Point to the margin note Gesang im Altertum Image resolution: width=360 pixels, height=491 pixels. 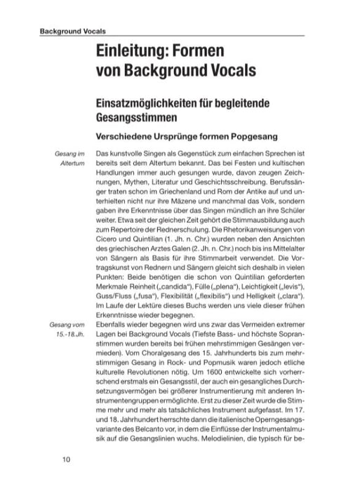[x=69, y=158]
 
